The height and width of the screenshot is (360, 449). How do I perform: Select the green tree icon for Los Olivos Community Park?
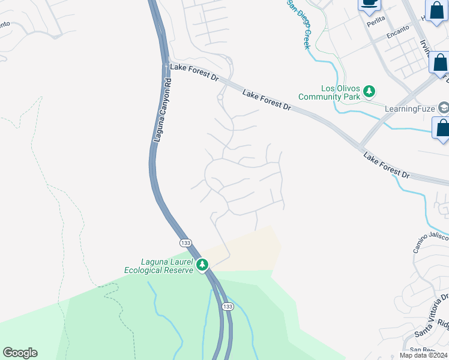370,91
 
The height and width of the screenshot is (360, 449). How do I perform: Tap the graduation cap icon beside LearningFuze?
444,108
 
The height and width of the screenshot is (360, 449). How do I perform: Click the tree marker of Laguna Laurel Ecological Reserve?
203,265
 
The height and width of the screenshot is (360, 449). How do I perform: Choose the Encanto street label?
397,31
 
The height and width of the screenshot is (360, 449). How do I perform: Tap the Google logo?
20,353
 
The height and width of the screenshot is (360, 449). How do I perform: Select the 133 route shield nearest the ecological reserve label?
185,242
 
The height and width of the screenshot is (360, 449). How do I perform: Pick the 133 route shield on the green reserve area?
227,306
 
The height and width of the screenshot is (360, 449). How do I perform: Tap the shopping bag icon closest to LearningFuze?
441,129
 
